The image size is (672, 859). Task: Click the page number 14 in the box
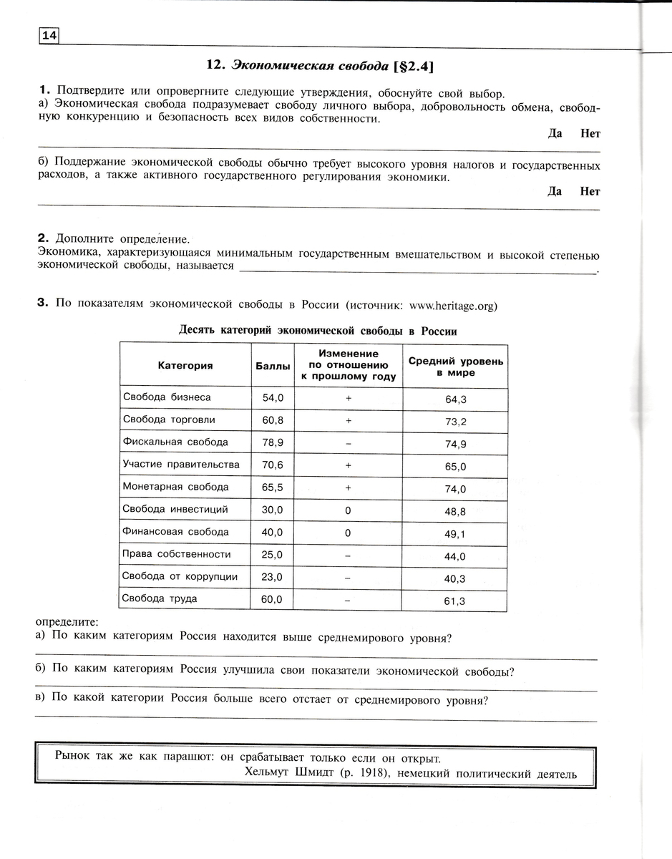48,35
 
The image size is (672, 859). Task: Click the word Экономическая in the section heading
274,65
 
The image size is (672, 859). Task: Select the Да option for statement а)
555,133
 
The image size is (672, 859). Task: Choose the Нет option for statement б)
590,191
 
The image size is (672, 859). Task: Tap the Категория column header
185,366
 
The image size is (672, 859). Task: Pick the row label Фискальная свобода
175,442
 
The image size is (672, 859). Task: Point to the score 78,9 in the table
273,442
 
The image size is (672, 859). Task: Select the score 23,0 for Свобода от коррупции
273,577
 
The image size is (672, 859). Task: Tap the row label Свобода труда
160,599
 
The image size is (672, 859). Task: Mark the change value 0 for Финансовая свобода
348,533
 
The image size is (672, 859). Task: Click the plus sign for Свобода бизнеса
348,398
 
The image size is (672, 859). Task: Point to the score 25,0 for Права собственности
273,555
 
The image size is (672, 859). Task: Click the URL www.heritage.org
452,306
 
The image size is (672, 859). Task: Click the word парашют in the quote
185,757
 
